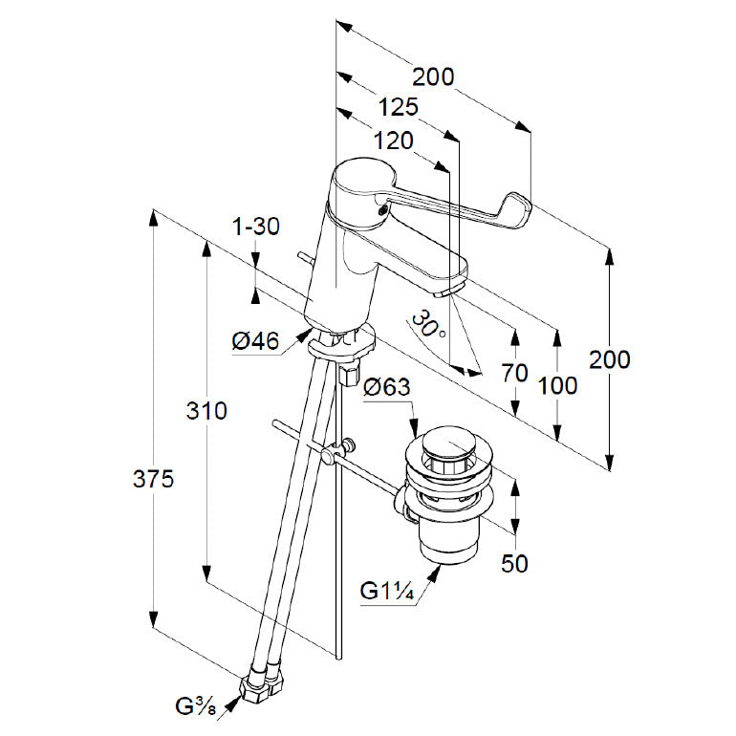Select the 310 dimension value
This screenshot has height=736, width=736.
(x=206, y=411)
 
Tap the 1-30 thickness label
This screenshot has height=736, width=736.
(x=255, y=227)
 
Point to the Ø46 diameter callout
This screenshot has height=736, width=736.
(x=254, y=339)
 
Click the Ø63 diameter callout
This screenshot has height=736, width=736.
(x=387, y=387)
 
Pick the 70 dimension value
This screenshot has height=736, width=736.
(x=514, y=373)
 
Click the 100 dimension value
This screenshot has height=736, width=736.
(x=558, y=385)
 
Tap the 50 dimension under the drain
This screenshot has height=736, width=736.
(x=515, y=564)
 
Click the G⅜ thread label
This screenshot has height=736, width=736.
(x=197, y=707)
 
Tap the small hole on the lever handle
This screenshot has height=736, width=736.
(x=383, y=204)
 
